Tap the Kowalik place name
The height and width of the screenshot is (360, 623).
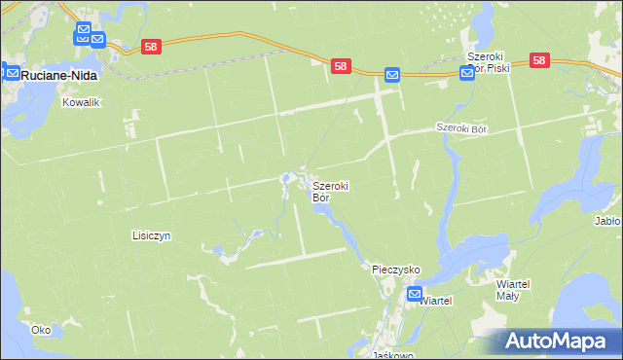(82, 101)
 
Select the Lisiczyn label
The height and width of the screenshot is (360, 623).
(151, 235)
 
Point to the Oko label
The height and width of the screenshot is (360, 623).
(40, 330)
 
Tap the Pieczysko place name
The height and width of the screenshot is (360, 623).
(395, 268)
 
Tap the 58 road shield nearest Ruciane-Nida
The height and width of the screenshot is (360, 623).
(150, 46)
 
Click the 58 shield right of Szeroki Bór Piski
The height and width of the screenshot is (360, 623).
(541, 60)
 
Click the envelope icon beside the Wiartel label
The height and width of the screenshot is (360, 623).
(414, 294)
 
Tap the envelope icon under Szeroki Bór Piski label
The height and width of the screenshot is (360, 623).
(466, 74)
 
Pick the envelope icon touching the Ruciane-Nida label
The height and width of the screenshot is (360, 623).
(12, 71)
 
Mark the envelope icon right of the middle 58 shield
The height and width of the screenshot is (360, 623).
(391, 74)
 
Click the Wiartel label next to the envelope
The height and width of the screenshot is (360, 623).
(435, 302)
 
